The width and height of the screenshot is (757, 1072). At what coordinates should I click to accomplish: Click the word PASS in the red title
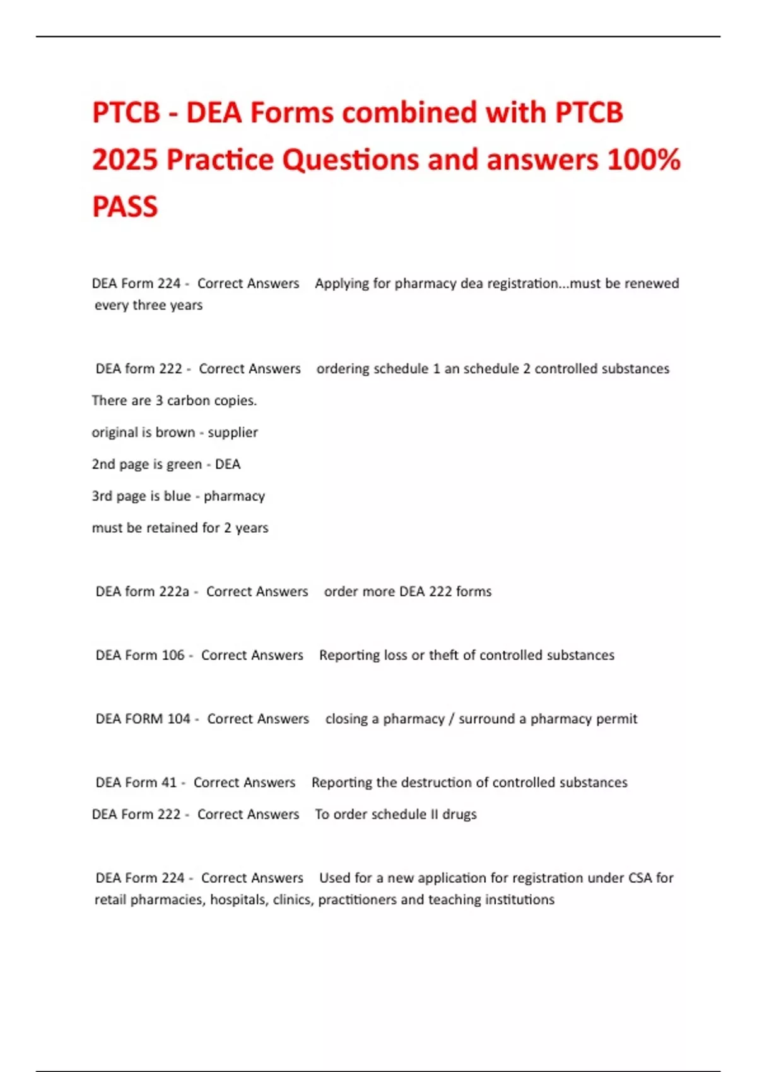[125, 207]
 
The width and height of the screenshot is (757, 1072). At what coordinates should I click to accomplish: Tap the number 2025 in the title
[124, 160]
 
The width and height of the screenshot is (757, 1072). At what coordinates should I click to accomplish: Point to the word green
[184, 465]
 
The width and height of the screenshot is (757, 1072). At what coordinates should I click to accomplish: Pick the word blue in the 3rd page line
[177, 496]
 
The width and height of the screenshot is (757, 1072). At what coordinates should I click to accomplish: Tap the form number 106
[173, 655]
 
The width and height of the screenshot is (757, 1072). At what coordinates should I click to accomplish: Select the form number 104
[179, 719]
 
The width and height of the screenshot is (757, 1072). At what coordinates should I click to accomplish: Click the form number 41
[169, 783]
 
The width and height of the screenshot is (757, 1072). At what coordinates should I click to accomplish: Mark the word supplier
[233, 433]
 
